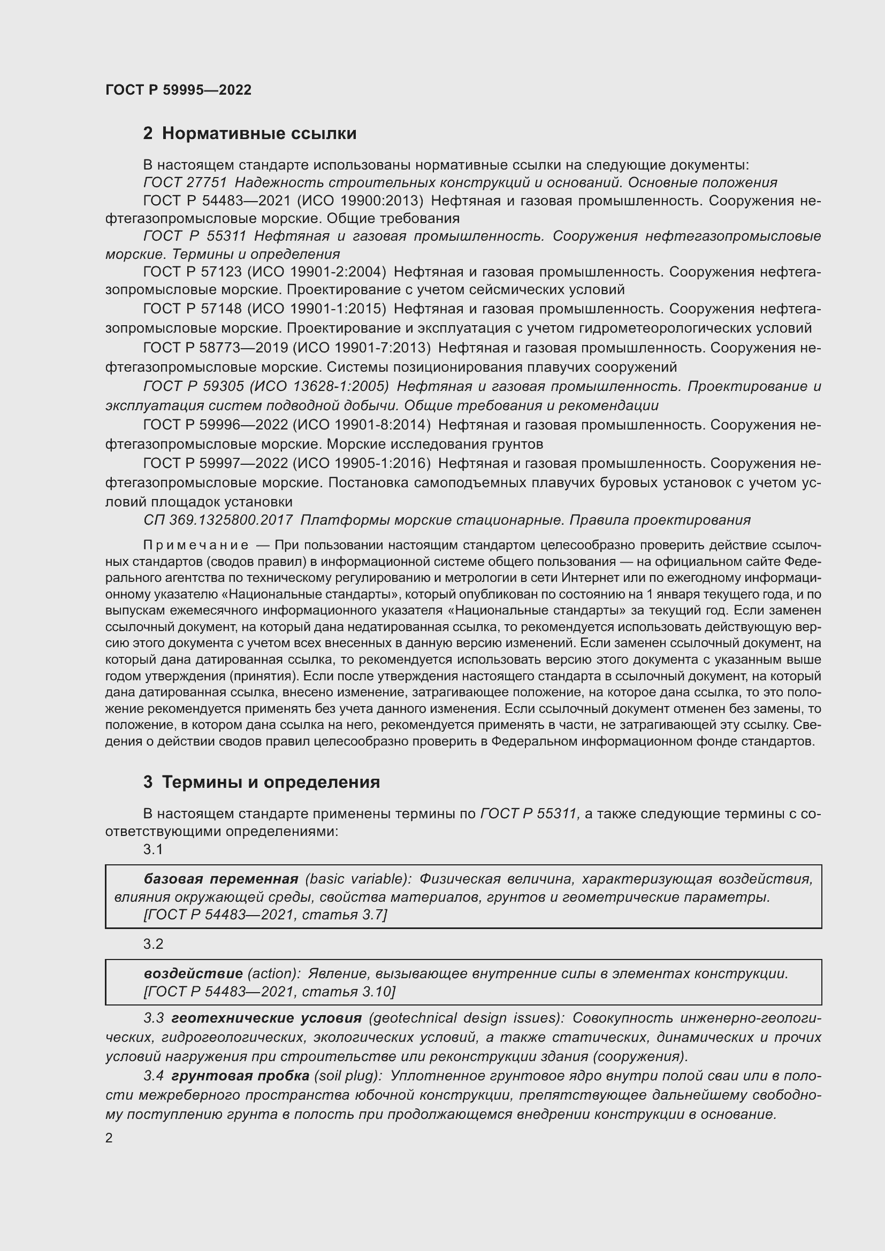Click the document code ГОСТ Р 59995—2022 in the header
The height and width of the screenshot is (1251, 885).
pos(178,90)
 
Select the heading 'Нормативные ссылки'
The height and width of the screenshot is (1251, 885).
pos(259,134)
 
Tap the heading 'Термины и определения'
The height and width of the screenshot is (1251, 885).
pos(271,782)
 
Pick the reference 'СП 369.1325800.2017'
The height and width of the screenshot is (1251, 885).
pos(218,520)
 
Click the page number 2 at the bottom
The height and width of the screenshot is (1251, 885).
pos(109,1138)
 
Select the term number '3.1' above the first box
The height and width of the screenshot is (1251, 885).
pos(153,849)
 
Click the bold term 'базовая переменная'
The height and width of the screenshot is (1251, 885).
pos(220,879)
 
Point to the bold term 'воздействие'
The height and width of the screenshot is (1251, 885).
pos(193,973)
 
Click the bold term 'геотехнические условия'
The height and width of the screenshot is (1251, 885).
pos(266,1018)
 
